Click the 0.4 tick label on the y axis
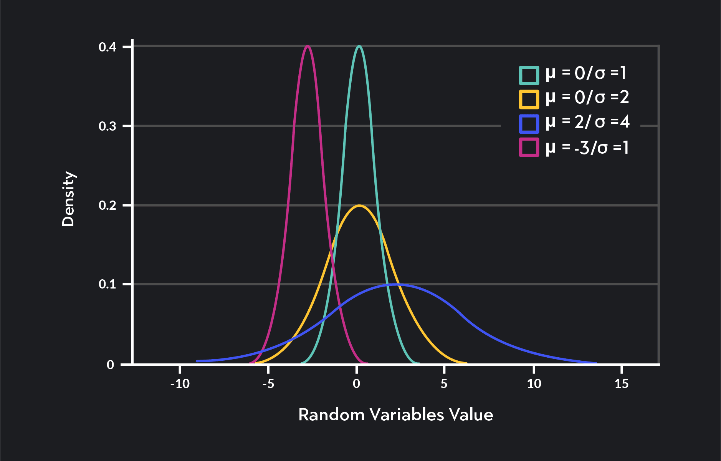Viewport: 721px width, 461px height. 107,47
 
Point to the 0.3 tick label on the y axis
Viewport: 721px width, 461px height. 107,126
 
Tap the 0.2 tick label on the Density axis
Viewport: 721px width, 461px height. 107,205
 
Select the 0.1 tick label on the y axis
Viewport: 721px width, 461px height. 107,284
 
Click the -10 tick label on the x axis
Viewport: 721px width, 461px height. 180,383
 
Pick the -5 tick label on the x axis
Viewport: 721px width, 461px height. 268,383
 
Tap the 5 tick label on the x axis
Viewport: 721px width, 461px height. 444,383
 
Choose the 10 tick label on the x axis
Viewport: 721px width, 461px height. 534,383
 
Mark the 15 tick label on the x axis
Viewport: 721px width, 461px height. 621,383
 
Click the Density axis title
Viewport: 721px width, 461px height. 68,199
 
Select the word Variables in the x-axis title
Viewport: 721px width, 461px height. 407,415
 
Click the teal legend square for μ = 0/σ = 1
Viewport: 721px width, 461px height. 529,75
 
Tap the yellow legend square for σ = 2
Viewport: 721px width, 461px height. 529,99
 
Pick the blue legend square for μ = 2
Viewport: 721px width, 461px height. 529,124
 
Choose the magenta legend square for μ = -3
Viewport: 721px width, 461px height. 529,148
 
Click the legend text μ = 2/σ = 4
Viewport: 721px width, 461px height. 587,122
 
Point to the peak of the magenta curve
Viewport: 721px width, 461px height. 307,46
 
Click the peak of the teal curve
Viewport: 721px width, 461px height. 359,46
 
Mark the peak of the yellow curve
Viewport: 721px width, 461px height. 359,206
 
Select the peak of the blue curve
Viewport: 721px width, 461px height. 394,285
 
